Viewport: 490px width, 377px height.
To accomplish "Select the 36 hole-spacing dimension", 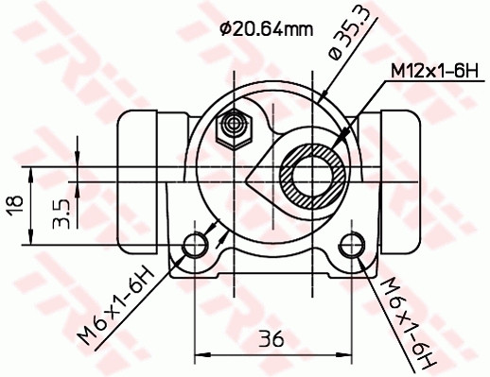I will pyautogui.click(x=272, y=338).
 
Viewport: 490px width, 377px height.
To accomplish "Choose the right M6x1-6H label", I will pyautogui.click(x=409, y=322).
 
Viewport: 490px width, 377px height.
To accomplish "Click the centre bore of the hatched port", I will pyautogui.click(x=313, y=175).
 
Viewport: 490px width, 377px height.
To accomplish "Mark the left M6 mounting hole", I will pyautogui.click(x=196, y=245).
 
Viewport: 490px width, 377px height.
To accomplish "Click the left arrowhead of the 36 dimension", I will pyautogui.click(x=201, y=352).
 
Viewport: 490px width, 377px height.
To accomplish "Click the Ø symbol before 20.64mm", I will pyautogui.click(x=225, y=28).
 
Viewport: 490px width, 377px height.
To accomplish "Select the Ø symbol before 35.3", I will pyautogui.click(x=334, y=56).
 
